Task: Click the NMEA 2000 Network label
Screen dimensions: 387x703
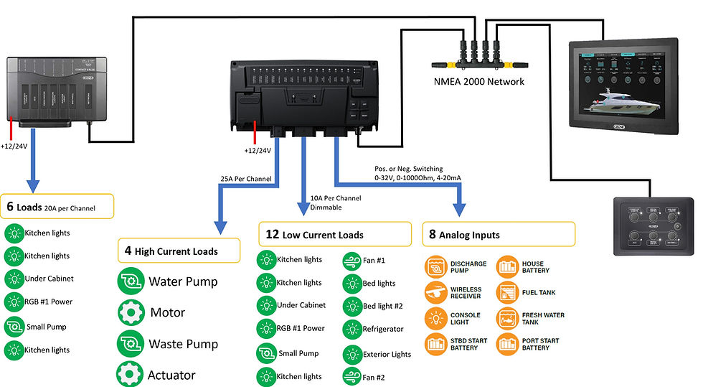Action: pyautogui.click(x=478, y=81)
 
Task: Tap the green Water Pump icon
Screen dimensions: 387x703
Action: pyautogui.click(x=130, y=281)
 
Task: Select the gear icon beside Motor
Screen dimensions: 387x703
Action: pyautogui.click(x=130, y=312)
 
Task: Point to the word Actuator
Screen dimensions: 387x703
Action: pyautogui.click(x=172, y=375)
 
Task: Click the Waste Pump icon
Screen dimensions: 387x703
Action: pyautogui.click(x=130, y=343)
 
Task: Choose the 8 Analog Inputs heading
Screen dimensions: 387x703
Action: pyautogui.click(x=464, y=235)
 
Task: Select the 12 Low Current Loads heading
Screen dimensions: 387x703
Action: pyautogui.click(x=314, y=235)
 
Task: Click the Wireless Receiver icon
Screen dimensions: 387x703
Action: pyautogui.click(x=436, y=293)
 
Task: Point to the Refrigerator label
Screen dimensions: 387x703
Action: pyautogui.click(x=384, y=329)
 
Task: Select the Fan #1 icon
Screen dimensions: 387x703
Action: pyautogui.click(x=352, y=260)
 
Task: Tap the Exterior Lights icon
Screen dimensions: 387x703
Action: pyautogui.click(x=352, y=354)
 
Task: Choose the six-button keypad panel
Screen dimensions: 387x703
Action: pyautogui.click(x=648, y=227)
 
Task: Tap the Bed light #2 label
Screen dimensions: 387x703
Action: pyautogui.click(x=383, y=306)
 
